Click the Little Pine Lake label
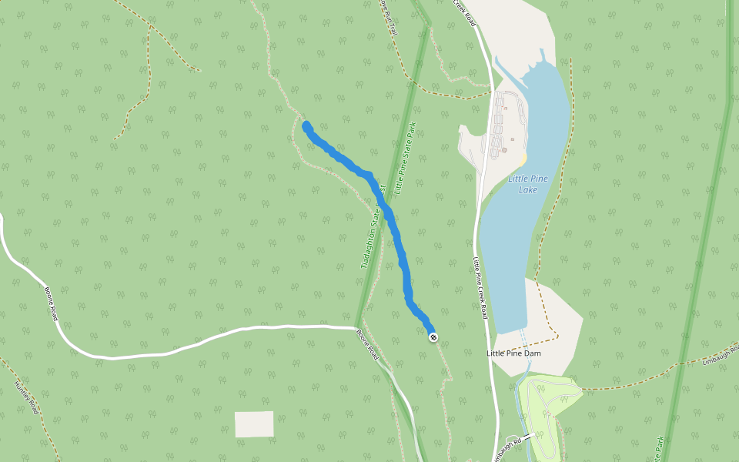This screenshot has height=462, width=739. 528,184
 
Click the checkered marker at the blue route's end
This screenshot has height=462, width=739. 433,336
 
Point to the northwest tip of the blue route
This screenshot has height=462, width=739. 306,126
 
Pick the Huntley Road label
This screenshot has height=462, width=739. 26,398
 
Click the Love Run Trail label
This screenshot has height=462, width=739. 387,18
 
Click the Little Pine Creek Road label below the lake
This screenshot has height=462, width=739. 480,287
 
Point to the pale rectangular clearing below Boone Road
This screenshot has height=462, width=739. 254,424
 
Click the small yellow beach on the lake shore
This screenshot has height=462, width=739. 523,159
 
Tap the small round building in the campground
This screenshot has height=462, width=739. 504,150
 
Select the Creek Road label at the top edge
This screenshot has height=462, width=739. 465,12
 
